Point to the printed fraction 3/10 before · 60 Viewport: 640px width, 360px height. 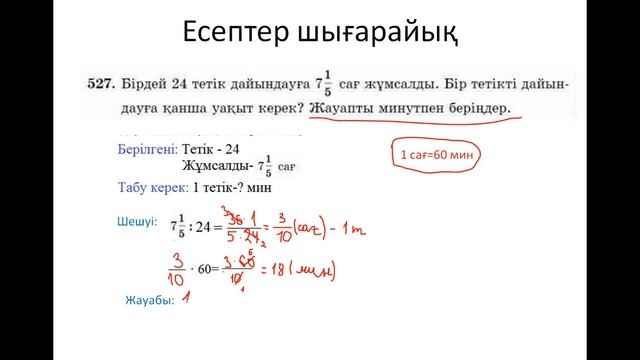point(179,265)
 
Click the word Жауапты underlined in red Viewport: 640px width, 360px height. point(346,107)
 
